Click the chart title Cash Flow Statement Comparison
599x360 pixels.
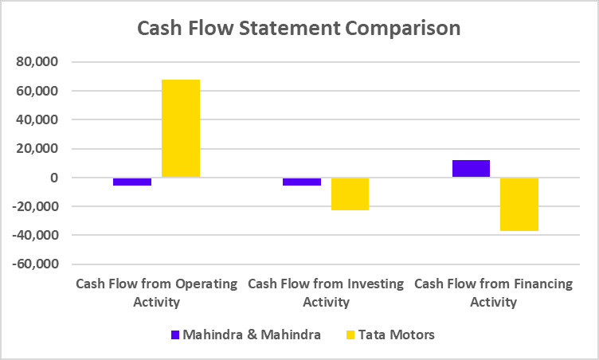[299, 28]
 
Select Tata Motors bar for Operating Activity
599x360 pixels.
[181, 128]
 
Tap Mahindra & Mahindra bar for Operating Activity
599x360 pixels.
[132, 182]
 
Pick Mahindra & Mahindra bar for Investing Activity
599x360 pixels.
[302, 182]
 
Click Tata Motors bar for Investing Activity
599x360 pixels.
[350, 194]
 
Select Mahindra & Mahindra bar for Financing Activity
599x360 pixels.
[472, 168]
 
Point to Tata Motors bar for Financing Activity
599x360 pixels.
[519, 204]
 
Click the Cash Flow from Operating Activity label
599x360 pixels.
[156, 292]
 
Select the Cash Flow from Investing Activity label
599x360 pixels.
[326, 292]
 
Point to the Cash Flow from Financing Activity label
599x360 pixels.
[494, 292]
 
